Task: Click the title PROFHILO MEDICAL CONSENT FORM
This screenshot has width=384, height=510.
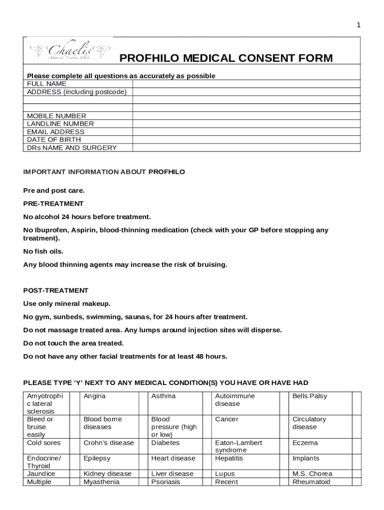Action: (x=226, y=59)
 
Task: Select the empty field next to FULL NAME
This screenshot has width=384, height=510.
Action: (x=246, y=84)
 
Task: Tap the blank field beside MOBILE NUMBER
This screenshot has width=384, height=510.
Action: (x=246, y=116)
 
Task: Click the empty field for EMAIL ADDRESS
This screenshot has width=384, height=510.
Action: (x=246, y=132)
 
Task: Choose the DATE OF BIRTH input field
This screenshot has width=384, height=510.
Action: (x=246, y=140)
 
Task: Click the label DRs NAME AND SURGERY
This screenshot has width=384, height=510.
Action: (x=72, y=148)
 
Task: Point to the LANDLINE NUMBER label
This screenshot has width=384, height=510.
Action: (x=60, y=124)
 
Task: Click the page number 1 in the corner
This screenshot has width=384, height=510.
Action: (x=358, y=25)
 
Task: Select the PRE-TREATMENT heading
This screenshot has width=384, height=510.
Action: (x=53, y=204)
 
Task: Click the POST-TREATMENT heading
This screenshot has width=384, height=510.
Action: (x=56, y=290)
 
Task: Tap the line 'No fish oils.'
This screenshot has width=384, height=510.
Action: (x=43, y=252)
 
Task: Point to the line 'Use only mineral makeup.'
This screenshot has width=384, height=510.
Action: (x=67, y=304)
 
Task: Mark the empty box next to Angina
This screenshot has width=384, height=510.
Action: (x=143, y=403)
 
